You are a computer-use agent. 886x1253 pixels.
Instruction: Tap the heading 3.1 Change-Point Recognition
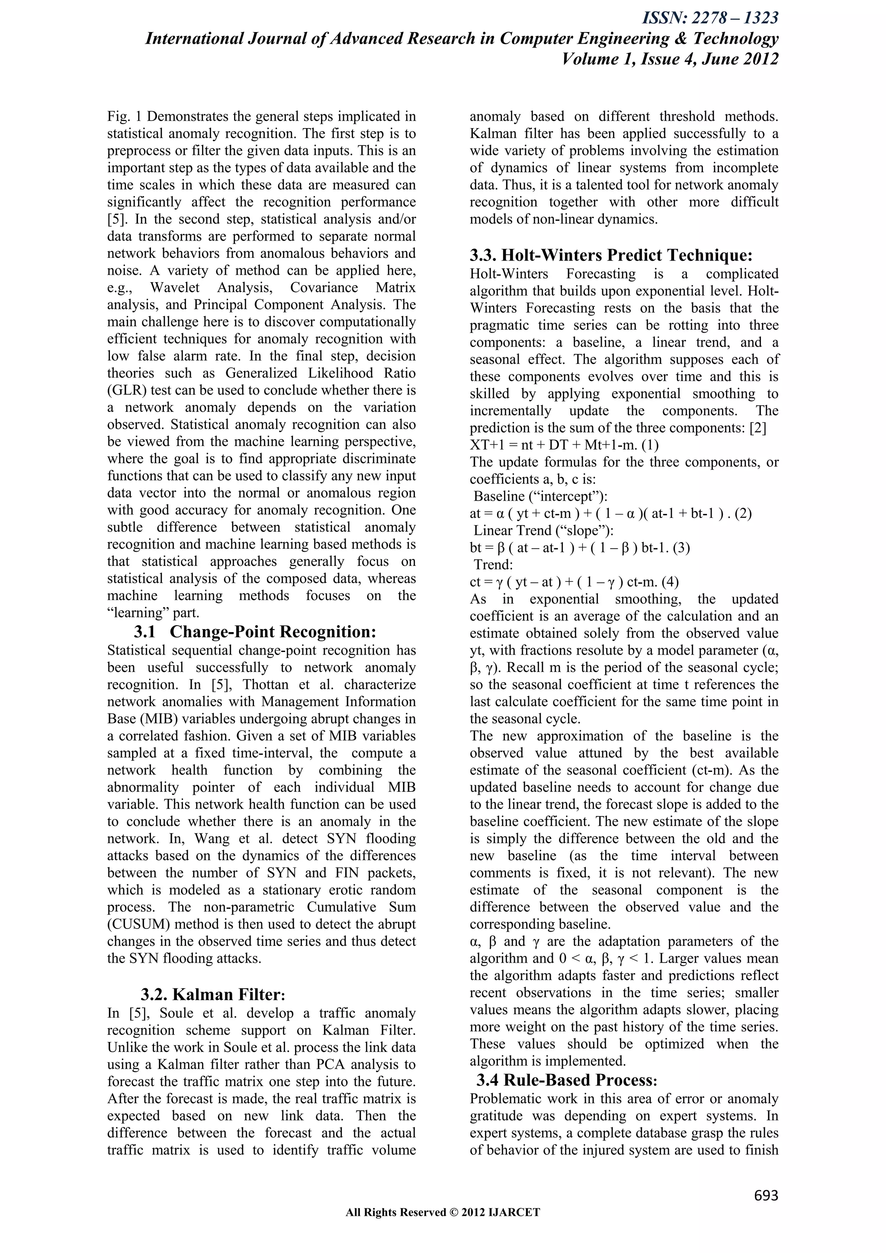(x=255, y=632)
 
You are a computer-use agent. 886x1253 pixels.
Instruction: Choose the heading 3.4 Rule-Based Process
(x=567, y=1080)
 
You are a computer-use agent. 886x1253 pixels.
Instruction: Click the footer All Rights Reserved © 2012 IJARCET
(x=443, y=1228)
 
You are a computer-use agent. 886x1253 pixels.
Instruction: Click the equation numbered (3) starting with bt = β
(x=579, y=548)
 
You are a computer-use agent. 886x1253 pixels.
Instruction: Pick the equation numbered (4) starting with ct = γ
(x=574, y=582)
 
